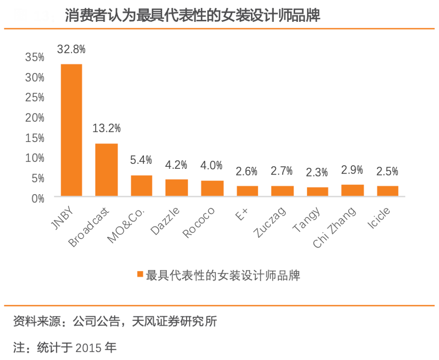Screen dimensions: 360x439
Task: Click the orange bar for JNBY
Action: coord(71,130)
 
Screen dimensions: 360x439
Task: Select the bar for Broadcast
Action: coord(106,169)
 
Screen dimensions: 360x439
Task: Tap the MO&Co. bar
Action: coord(141,186)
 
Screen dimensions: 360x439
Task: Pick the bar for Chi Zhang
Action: coord(352,190)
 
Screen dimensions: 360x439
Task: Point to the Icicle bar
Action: coord(388,191)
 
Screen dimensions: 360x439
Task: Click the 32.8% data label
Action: coord(71,49)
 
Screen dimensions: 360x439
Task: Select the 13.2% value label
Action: coord(106,128)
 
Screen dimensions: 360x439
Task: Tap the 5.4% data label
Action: coord(141,160)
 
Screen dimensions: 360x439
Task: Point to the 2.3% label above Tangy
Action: coord(317,172)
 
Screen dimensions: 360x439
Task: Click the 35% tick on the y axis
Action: coord(35,57)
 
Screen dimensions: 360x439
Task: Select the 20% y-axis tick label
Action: coord(35,118)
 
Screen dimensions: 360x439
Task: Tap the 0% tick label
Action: coord(38,198)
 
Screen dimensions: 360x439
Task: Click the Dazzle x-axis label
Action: coord(165,221)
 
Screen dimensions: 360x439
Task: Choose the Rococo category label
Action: coord(199,223)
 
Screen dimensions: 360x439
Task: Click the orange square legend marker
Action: coord(140,274)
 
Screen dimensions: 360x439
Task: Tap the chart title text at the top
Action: coord(193,16)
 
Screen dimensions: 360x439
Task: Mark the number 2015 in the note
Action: coord(89,348)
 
